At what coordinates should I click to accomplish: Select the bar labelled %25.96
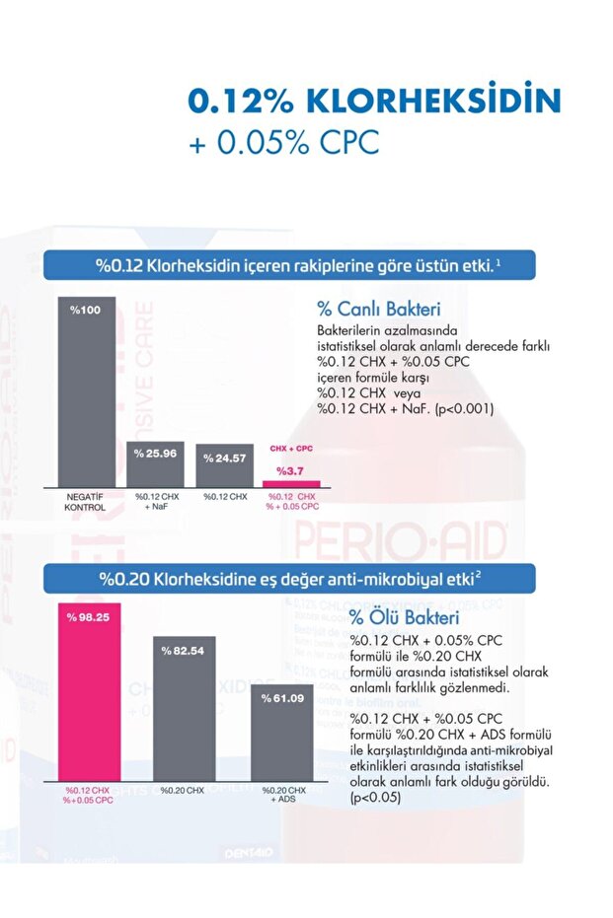coord(155,462)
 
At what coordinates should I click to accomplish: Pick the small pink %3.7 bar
coord(291,483)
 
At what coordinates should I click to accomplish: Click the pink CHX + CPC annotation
coord(291,448)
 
